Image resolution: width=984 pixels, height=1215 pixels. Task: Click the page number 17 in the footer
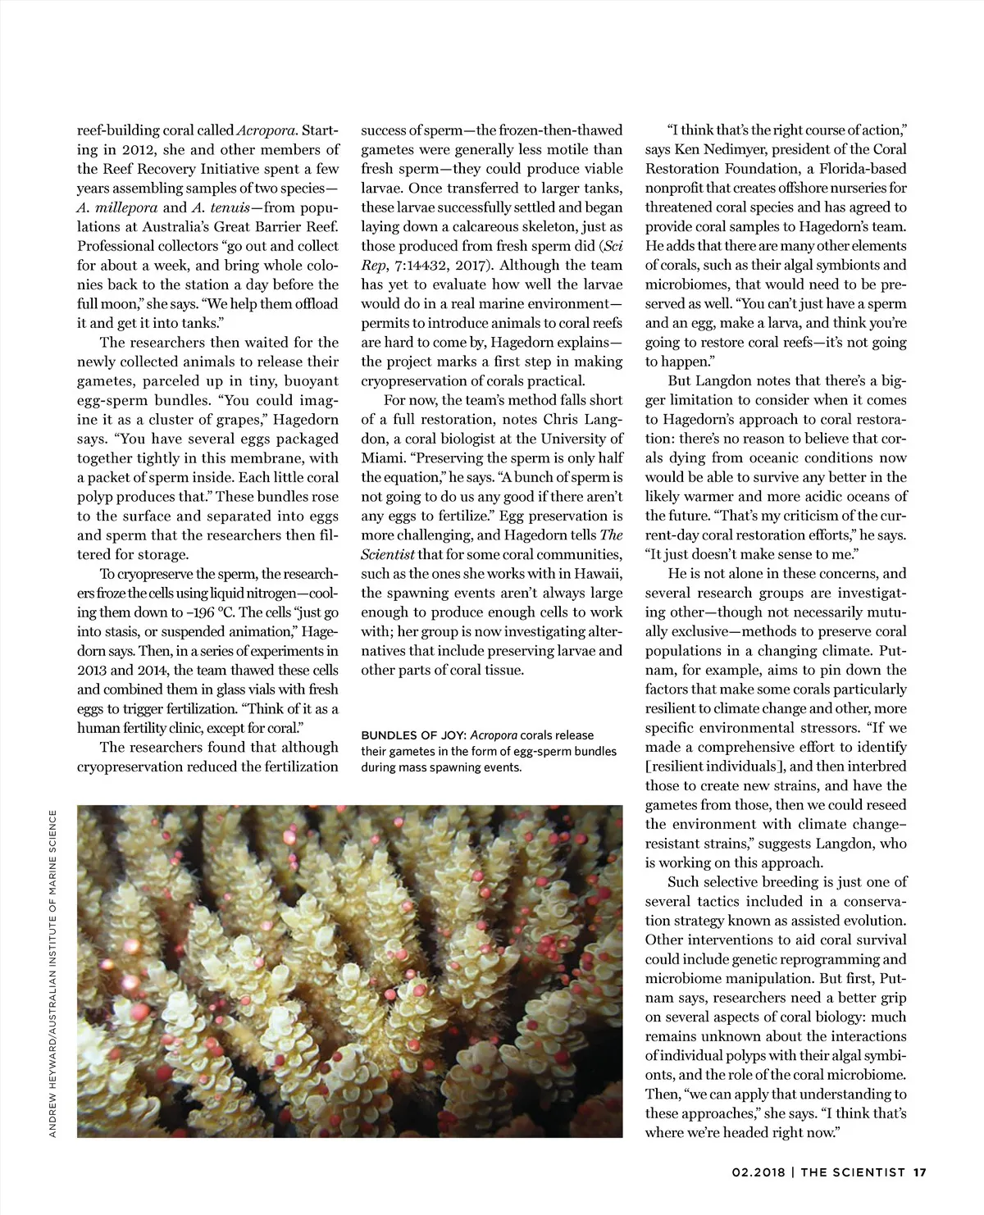click(919, 1172)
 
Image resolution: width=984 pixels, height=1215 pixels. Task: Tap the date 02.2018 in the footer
click(758, 1172)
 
